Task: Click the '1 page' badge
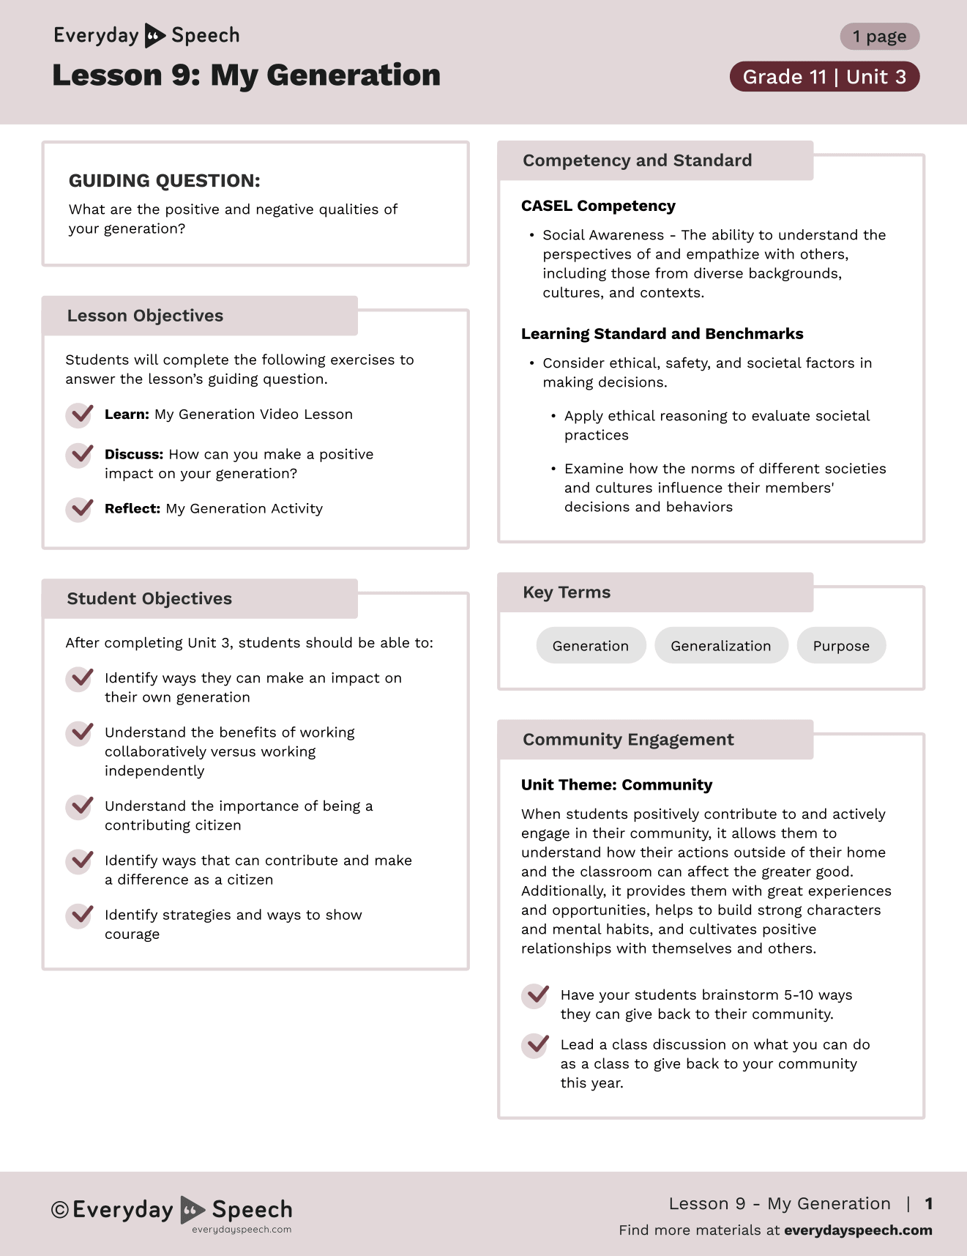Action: (x=879, y=37)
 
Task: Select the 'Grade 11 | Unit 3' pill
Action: (x=824, y=77)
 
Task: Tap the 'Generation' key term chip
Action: (x=591, y=646)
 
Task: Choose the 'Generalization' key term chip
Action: (x=720, y=646)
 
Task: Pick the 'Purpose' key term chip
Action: (x=841, y=646)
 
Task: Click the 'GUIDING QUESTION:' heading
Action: (x=164, y=181)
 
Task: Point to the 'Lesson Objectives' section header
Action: (x=145, y=316)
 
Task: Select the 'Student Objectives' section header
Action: (x=149, y=598)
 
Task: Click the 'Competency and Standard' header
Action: (x=637, y=160)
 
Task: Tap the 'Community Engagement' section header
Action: (x=628, y=740)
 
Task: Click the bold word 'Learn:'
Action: (x=127, y=415)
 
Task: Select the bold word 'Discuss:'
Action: (x=134, y=455)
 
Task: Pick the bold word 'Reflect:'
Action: (x=132, y=509)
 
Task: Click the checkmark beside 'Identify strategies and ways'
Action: (x=80, y=915)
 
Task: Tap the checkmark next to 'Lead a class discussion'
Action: (x=536, y=1045)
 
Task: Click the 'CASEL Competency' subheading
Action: (x=598, y=206)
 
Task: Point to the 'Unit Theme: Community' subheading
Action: (x=616, y=785)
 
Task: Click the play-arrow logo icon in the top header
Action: (x=154, y=35)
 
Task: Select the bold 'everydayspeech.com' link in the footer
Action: (x=858, y=1230)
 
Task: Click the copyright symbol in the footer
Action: (x=60, y=1210)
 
